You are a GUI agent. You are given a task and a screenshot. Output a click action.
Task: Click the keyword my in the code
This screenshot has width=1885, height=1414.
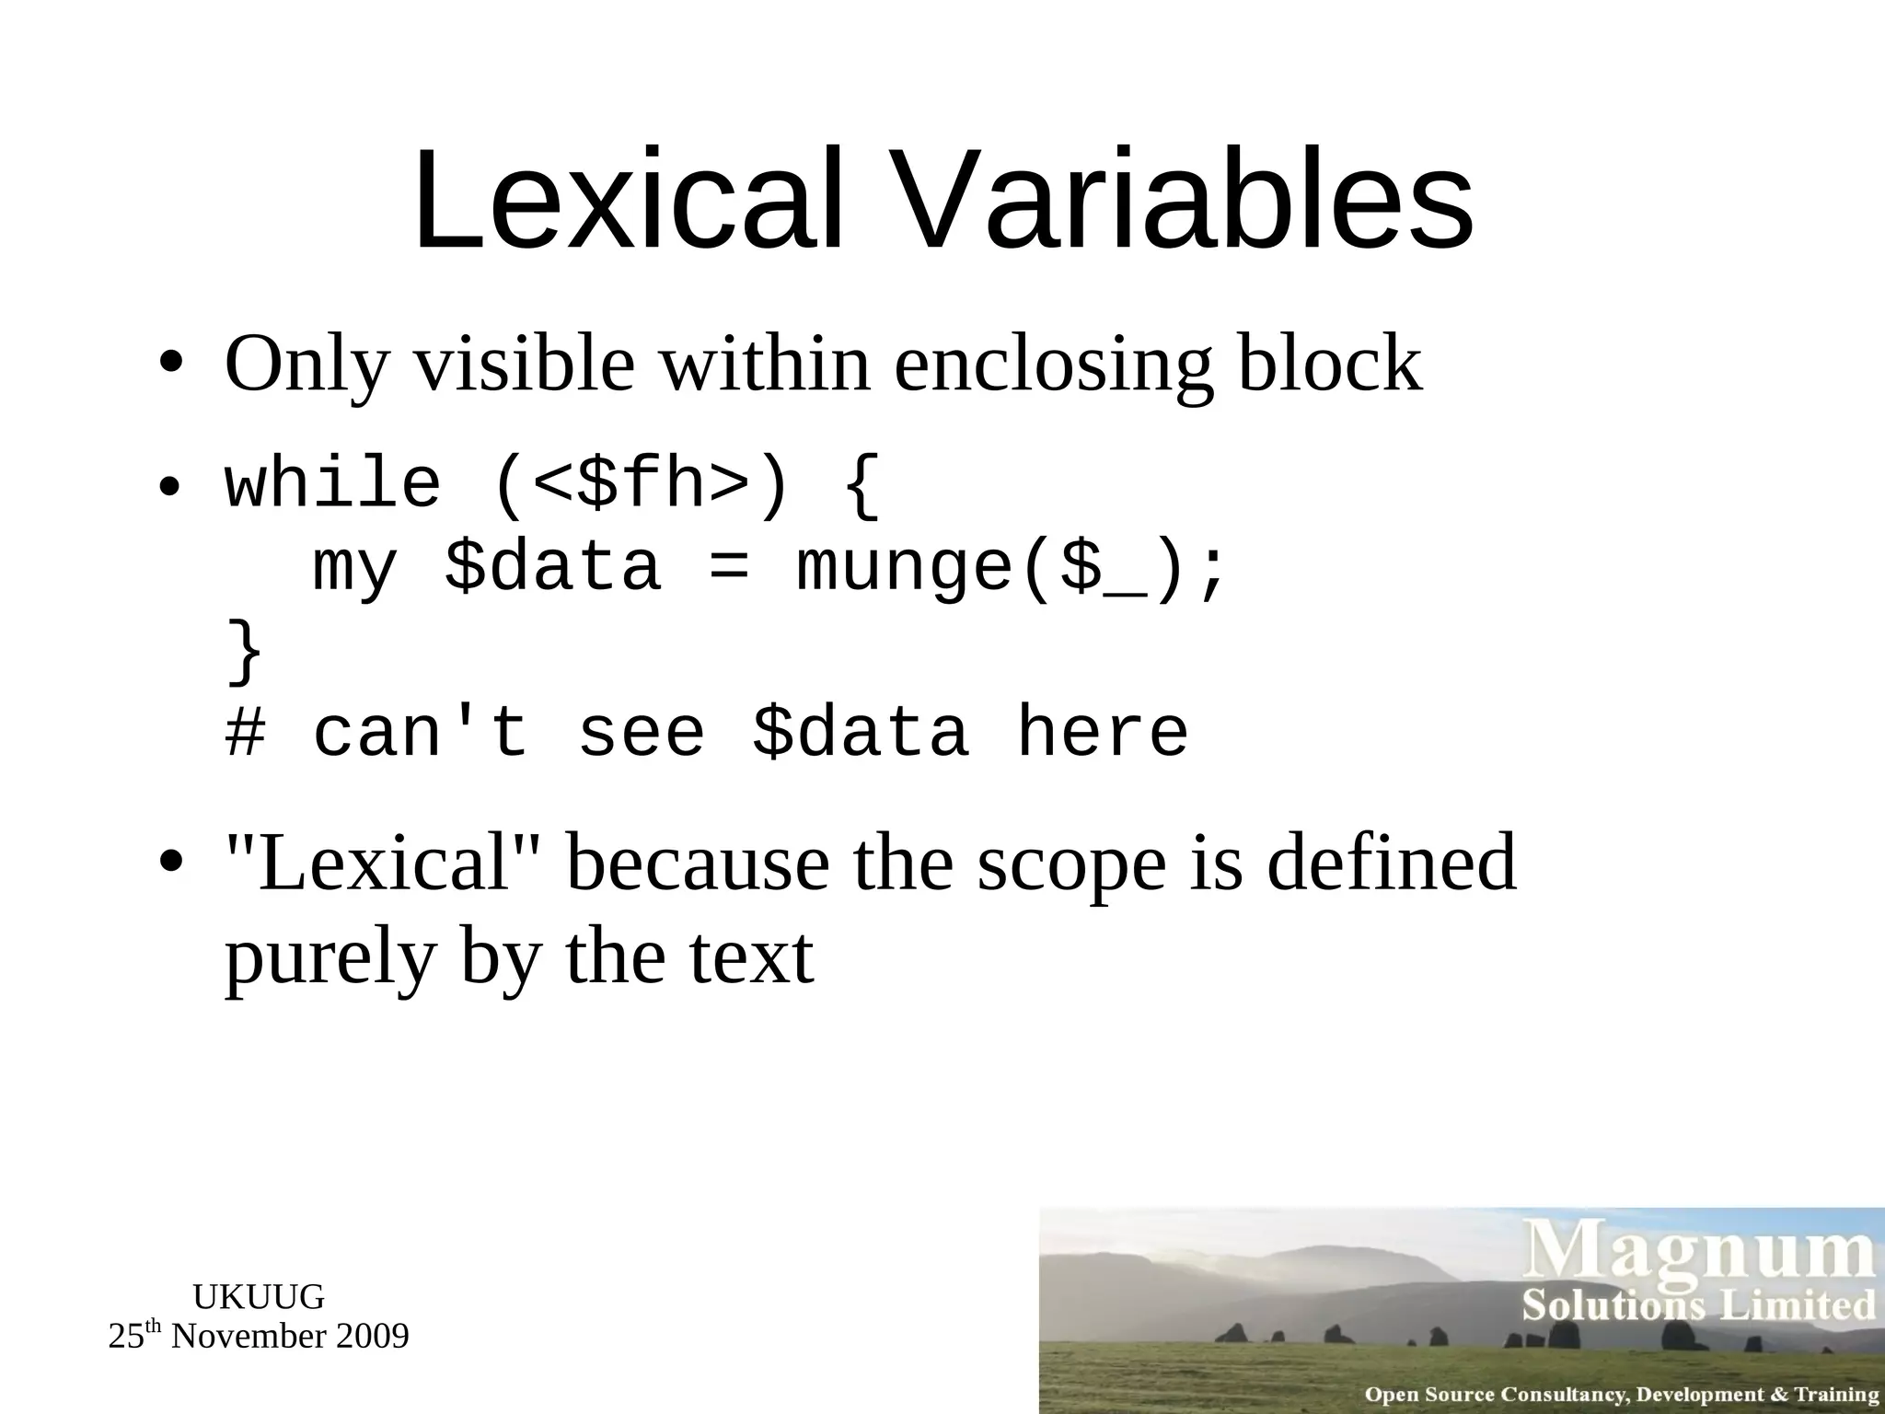(x=354, y=569)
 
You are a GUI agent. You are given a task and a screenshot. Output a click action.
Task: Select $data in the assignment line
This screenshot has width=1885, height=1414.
(x=552, y=567)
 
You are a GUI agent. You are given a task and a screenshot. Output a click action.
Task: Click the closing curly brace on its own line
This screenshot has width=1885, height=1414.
(x=245, y=652)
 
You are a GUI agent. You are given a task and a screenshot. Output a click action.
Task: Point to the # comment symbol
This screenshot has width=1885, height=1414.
(x=245, y=733)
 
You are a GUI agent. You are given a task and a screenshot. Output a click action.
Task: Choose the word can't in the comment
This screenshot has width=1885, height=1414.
(x=421, y=733)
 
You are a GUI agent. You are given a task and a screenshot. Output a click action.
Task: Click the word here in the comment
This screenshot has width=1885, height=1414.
(x=1102, y=733)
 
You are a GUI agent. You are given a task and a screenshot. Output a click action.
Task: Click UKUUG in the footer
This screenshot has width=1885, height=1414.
(x=259, y=1297)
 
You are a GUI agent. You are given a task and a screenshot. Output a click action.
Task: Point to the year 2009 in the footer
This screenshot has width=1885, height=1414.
(x=372, y=1337)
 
